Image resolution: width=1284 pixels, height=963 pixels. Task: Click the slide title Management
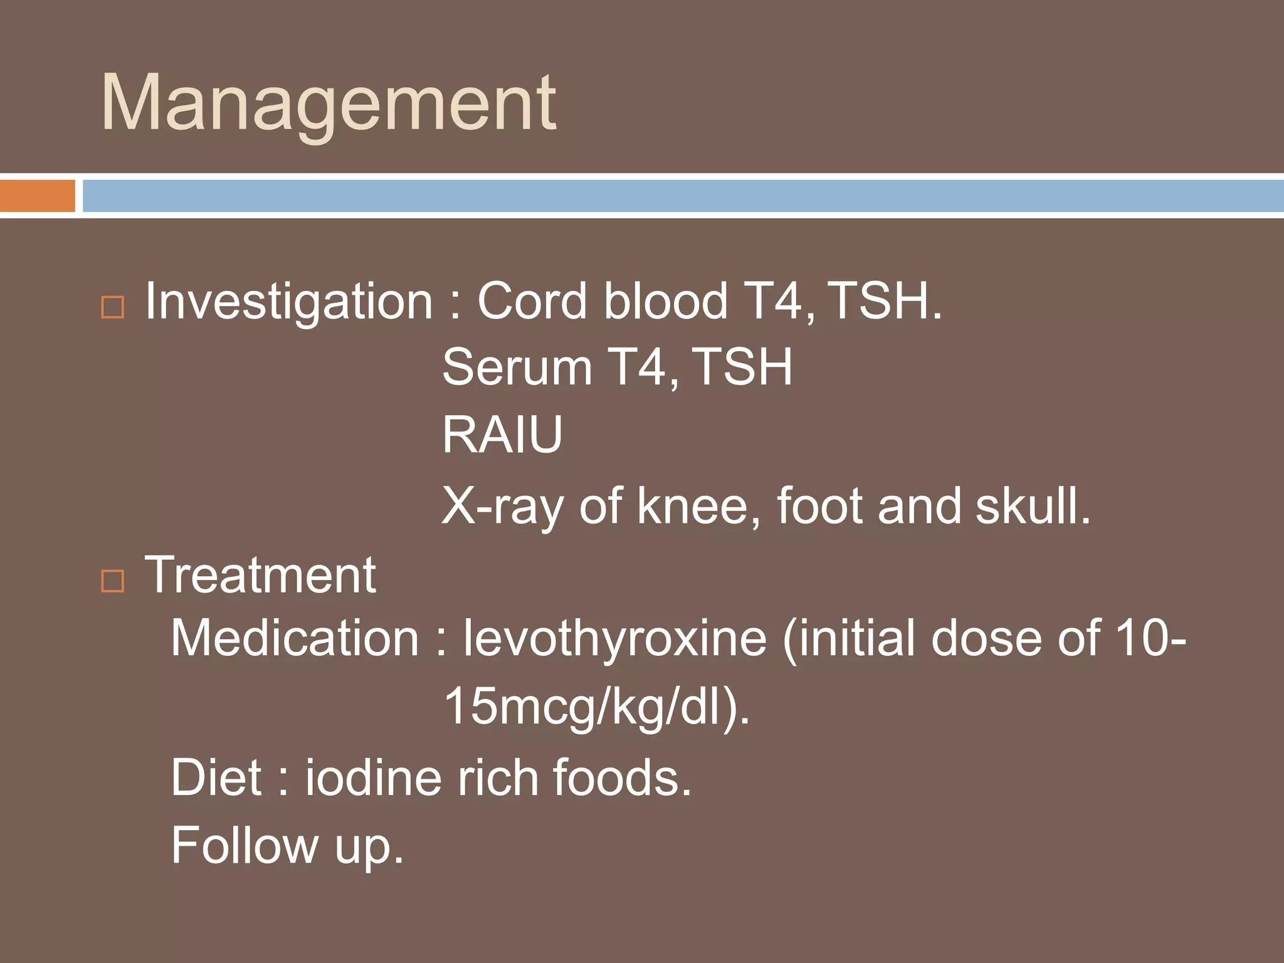[x=329, y=103]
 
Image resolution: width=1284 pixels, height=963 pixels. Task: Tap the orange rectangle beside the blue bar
[x=37, y=196]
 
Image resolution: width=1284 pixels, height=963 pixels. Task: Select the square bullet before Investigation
[x=113, y=307]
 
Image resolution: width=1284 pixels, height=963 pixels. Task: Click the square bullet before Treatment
[x=113, y=581]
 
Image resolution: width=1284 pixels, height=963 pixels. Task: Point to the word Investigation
[x=288, y=302]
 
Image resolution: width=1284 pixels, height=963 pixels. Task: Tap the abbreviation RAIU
[x=502, y=434]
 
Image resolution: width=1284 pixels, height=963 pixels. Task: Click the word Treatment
[x=260, y=575]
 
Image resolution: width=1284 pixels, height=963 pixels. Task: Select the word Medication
[x=295, y=638]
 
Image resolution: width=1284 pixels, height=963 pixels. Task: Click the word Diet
[x=216, y=778]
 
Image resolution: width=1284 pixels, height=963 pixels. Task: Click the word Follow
[x=245, y=846]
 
